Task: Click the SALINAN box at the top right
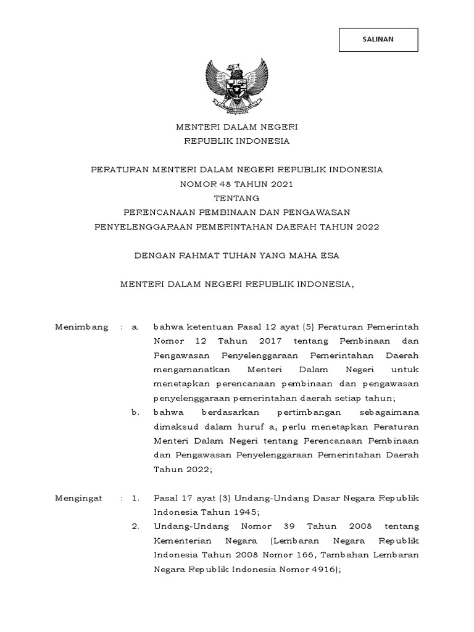(378, 40)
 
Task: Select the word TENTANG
(237, 198)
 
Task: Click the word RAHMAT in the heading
(206, 255)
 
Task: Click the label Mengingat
(80, 497)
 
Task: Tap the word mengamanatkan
(191, 369)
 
